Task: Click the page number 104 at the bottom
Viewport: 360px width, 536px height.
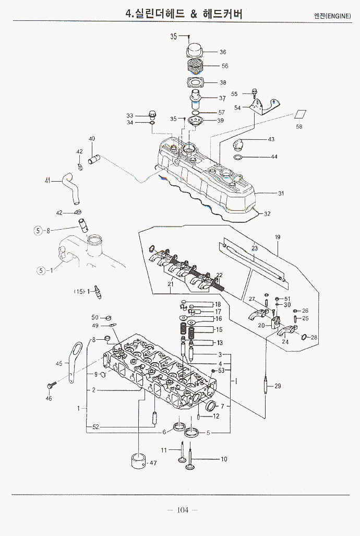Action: (x=182, y=509)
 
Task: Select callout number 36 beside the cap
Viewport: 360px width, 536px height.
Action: (x=223, y=52)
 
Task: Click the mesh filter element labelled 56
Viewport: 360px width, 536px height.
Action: (x=195, y=67)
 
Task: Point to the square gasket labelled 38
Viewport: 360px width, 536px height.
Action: (x=195, y=82)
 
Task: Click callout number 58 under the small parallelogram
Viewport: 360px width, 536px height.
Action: (x=299, y=127)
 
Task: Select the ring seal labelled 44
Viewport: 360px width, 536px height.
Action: (x=237, y=157)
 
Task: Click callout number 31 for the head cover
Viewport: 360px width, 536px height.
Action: (x=281, y=194)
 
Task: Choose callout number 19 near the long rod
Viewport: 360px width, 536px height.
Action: (x=278, y=237)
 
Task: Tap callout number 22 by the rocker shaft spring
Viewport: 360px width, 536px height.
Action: (x=220, y=275)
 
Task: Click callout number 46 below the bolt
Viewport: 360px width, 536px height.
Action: (x=49, y=398)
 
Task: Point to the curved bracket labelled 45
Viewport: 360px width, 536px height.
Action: (x=76, y=355)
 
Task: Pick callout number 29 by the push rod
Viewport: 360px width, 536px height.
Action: (x=278, y=386)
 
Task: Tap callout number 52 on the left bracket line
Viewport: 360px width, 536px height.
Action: (x=95, y=427)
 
